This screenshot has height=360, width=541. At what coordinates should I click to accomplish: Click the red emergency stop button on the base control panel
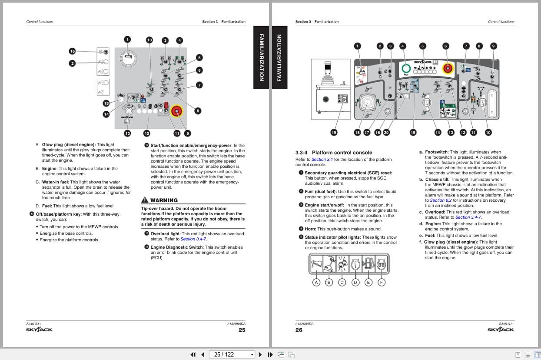click(x=177, y=111)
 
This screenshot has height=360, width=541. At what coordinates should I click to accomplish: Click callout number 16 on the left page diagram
click(x=72, y=51)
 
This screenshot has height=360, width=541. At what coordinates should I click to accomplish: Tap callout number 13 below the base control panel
click(x=127, y=133)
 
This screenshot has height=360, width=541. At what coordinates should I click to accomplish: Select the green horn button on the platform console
click(x=405, y=68)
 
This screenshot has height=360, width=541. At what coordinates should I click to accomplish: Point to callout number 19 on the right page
click(x=334, y=133)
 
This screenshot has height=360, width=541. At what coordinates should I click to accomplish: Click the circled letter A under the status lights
click(x=316, y=283)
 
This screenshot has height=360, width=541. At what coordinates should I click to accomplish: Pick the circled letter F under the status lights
click(x=381, y=283)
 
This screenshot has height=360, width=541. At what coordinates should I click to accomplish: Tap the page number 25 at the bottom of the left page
click(x=242, y=330)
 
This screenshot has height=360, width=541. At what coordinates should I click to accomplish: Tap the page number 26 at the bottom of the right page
click(x=299, y=330)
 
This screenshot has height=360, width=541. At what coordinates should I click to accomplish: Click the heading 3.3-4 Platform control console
click(x=334, y=153)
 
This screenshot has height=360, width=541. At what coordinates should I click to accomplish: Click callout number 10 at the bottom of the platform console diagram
click(x=488, y=133)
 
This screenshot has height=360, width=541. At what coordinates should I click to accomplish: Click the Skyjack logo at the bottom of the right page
click(x=501, y=330)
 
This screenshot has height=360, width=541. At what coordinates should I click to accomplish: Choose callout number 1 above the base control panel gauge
click(x=127, y=40)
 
